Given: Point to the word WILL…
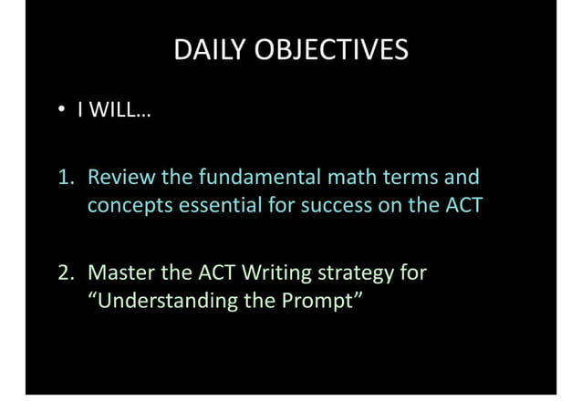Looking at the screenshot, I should (115, 112).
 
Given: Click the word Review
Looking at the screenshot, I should (121, 176).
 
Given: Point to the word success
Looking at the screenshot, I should (335, 206).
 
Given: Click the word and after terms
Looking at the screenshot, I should (462, 176).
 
